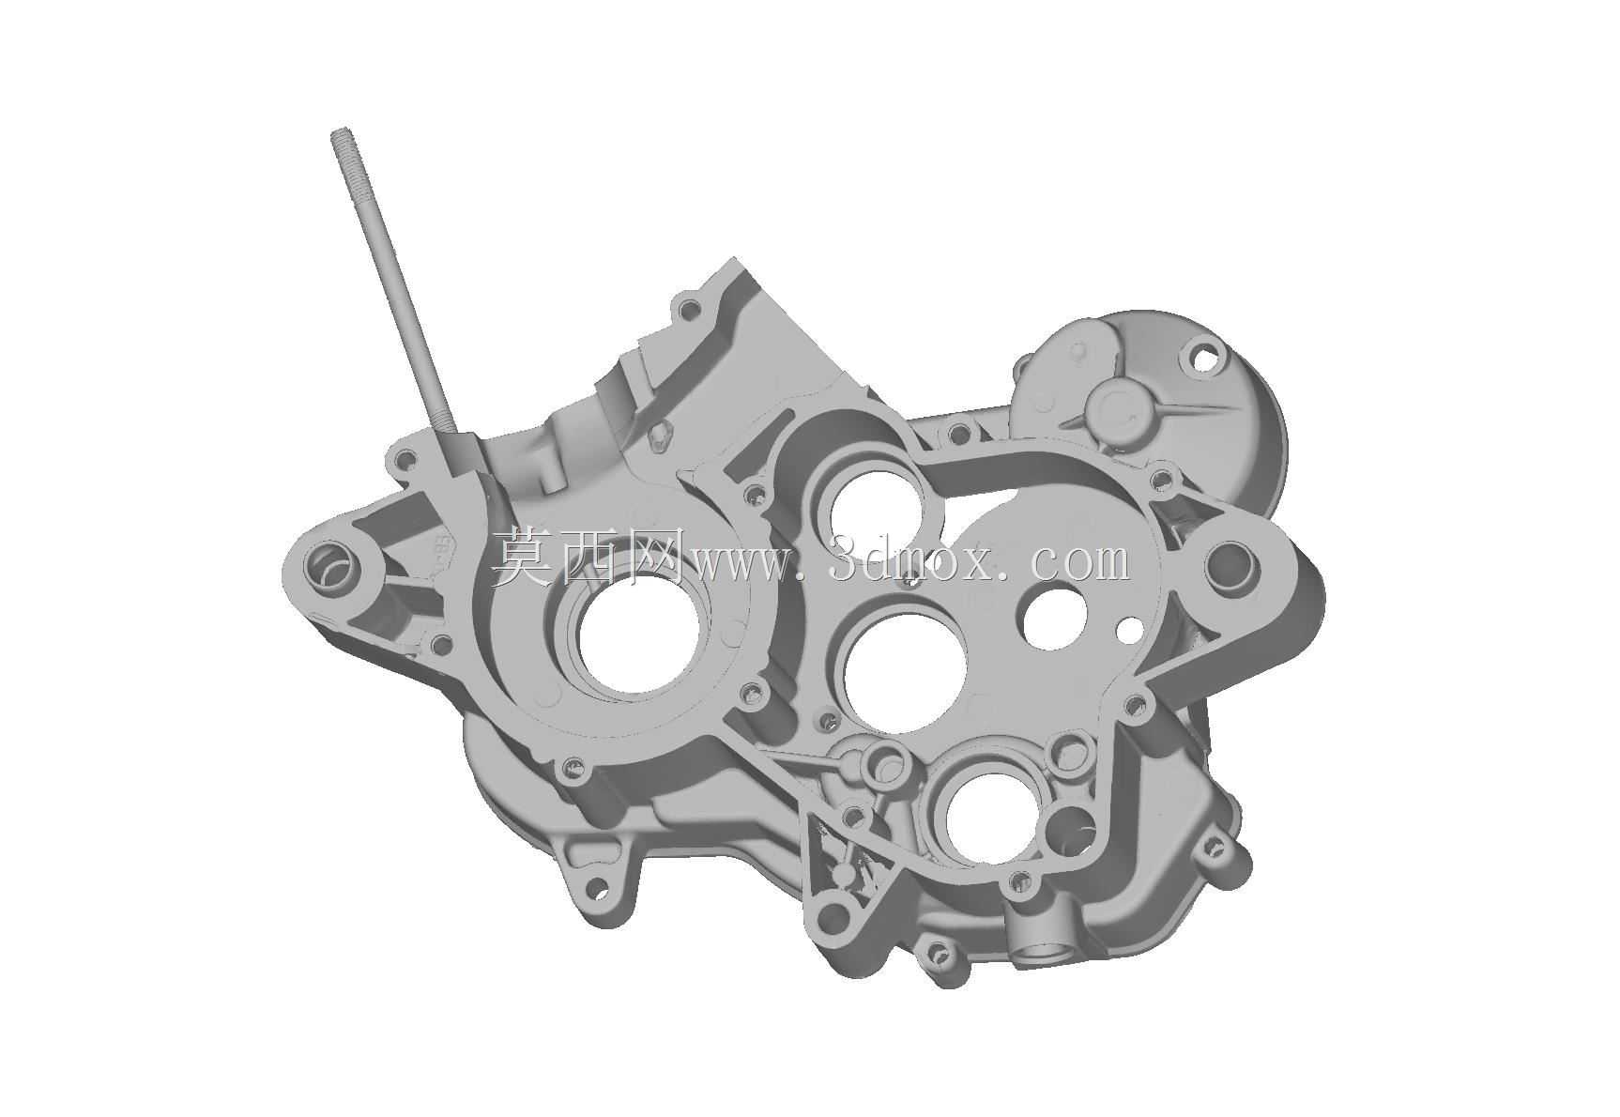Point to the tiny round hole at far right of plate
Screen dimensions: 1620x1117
1133,626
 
